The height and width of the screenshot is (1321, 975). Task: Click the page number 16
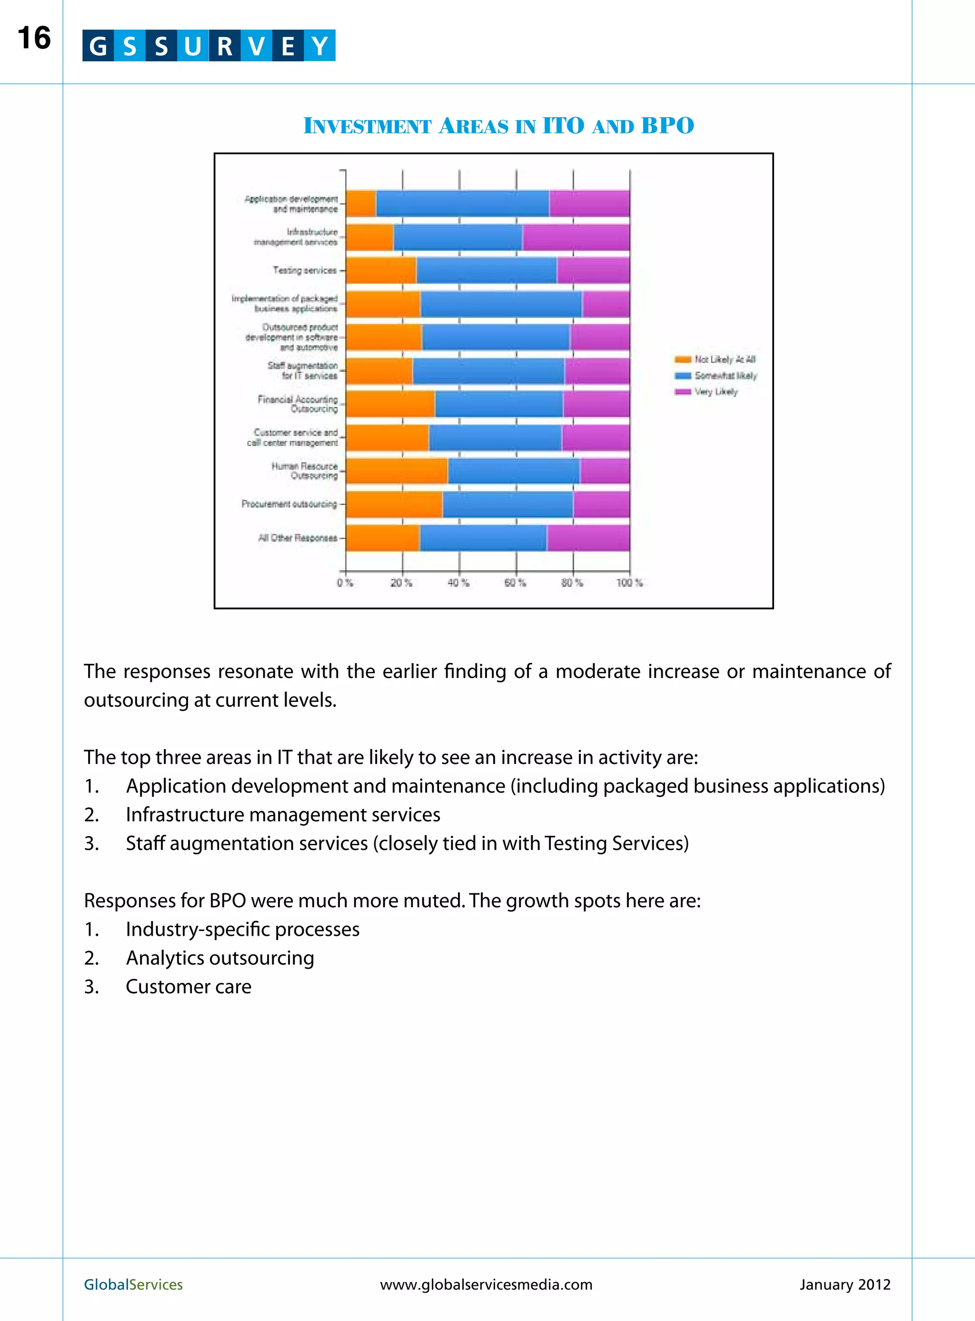pyautogui.click(x=34, y=39)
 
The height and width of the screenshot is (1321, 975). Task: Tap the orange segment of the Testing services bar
pyautogui.click(x=381, y=270)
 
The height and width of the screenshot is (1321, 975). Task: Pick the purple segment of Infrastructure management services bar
pyautogui.click(x=576, y=237)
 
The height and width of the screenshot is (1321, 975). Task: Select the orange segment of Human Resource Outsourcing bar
pyautogui.click(x=397, y=471)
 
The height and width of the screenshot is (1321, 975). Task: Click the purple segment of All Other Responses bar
pyautogui.click(x=588, y=538)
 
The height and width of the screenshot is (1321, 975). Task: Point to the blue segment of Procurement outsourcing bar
pyautogui.click(x=507, y=505)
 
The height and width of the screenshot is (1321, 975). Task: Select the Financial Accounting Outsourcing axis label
pyautogui.click(x=298, y=404)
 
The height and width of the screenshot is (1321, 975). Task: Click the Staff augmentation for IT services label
pyautogui.click(x=303, y=370)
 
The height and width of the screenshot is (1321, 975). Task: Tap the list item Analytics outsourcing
pyautogui.click(x=219, y=958)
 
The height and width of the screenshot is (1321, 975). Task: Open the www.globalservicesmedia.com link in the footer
pyautogui.click(x=486, y=1284)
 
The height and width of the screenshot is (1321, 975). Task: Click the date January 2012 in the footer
pyautogui.click(x=845, y=1284)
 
